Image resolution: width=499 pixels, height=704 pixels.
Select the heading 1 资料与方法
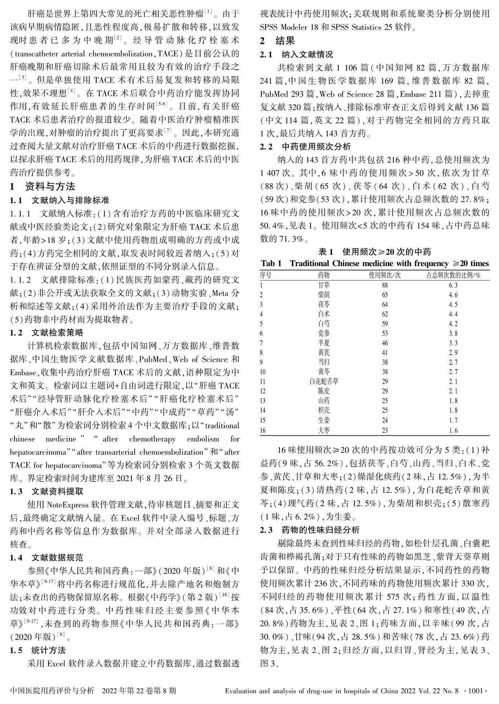click(x=42, y=187)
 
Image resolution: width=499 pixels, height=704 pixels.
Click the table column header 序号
click(x=266, y=275)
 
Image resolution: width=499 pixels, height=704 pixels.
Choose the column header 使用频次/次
click(x=385, y=275)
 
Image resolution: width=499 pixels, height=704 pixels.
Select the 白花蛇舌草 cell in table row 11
click(x=324, y=381)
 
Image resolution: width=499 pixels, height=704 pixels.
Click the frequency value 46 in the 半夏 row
click(x=385, y=343)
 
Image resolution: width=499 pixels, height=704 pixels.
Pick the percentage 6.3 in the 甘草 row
click(x=453, y=285)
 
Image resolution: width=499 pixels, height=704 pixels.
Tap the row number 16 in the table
click(x=263, y=431)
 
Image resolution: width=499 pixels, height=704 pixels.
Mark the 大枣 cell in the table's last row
click(x=324, y=431)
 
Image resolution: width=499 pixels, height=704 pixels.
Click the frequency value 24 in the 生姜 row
click(x=385, y=420)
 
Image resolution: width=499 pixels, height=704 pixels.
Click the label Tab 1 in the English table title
click(x=271, y=263)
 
